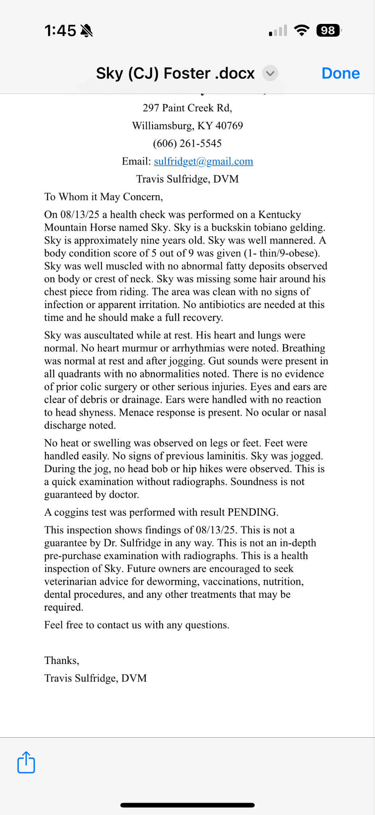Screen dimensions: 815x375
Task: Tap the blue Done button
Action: point(340,73)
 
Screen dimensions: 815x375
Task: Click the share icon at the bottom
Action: point(26,762)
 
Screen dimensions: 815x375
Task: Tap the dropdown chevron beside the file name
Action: point(270,73)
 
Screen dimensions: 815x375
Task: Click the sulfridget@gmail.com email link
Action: point(203,161)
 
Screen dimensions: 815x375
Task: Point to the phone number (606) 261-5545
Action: point(187,143)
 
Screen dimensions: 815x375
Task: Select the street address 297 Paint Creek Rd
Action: point(187,108)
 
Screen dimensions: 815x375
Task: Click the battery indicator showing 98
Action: point(328,31)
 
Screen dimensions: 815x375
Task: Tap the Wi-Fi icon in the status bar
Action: point(302,30)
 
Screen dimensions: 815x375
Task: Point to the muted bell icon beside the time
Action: point(86,31)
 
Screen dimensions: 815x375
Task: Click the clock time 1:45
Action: point(60,31)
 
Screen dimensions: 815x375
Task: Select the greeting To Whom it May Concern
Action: point(104,197)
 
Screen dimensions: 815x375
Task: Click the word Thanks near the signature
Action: point(61,660)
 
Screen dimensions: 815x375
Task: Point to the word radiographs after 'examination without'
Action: point(201,482)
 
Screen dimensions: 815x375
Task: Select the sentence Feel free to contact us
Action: point(137,625)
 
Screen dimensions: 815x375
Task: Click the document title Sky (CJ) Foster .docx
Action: point(175,73)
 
